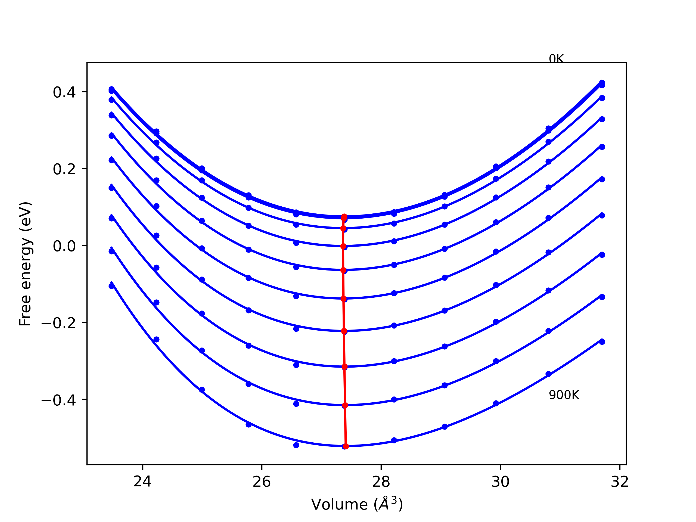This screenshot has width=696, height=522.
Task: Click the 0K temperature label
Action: point(556,59)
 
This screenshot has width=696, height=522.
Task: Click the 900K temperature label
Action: point(564,396)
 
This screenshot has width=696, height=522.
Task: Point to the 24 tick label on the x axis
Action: point(142,482)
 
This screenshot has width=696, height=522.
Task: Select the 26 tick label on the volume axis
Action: point(262,482)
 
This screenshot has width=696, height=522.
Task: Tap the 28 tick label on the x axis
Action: point(381,482)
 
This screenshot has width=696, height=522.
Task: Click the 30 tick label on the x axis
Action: point(500,482)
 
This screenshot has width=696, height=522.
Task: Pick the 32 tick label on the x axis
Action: point(620,482)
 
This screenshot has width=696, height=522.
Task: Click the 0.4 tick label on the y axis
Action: point(64,92)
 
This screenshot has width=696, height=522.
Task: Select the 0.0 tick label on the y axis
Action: point(64,246)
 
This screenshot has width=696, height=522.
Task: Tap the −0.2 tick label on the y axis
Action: point(58,323)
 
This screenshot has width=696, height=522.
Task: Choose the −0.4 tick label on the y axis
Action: point(58,400)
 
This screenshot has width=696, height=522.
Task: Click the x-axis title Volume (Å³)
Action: point(357,504)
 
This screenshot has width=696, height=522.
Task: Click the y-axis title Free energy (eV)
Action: point(25,264)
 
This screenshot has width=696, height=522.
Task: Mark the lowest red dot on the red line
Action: point(346,446)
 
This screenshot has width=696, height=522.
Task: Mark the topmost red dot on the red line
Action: point(344,217)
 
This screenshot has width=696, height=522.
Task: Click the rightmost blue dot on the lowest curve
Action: point(602,342)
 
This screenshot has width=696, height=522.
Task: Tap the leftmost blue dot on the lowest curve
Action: point(112,286)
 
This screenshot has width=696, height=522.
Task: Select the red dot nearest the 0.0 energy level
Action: point(343,246)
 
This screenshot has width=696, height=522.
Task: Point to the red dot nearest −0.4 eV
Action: point(345,406)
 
